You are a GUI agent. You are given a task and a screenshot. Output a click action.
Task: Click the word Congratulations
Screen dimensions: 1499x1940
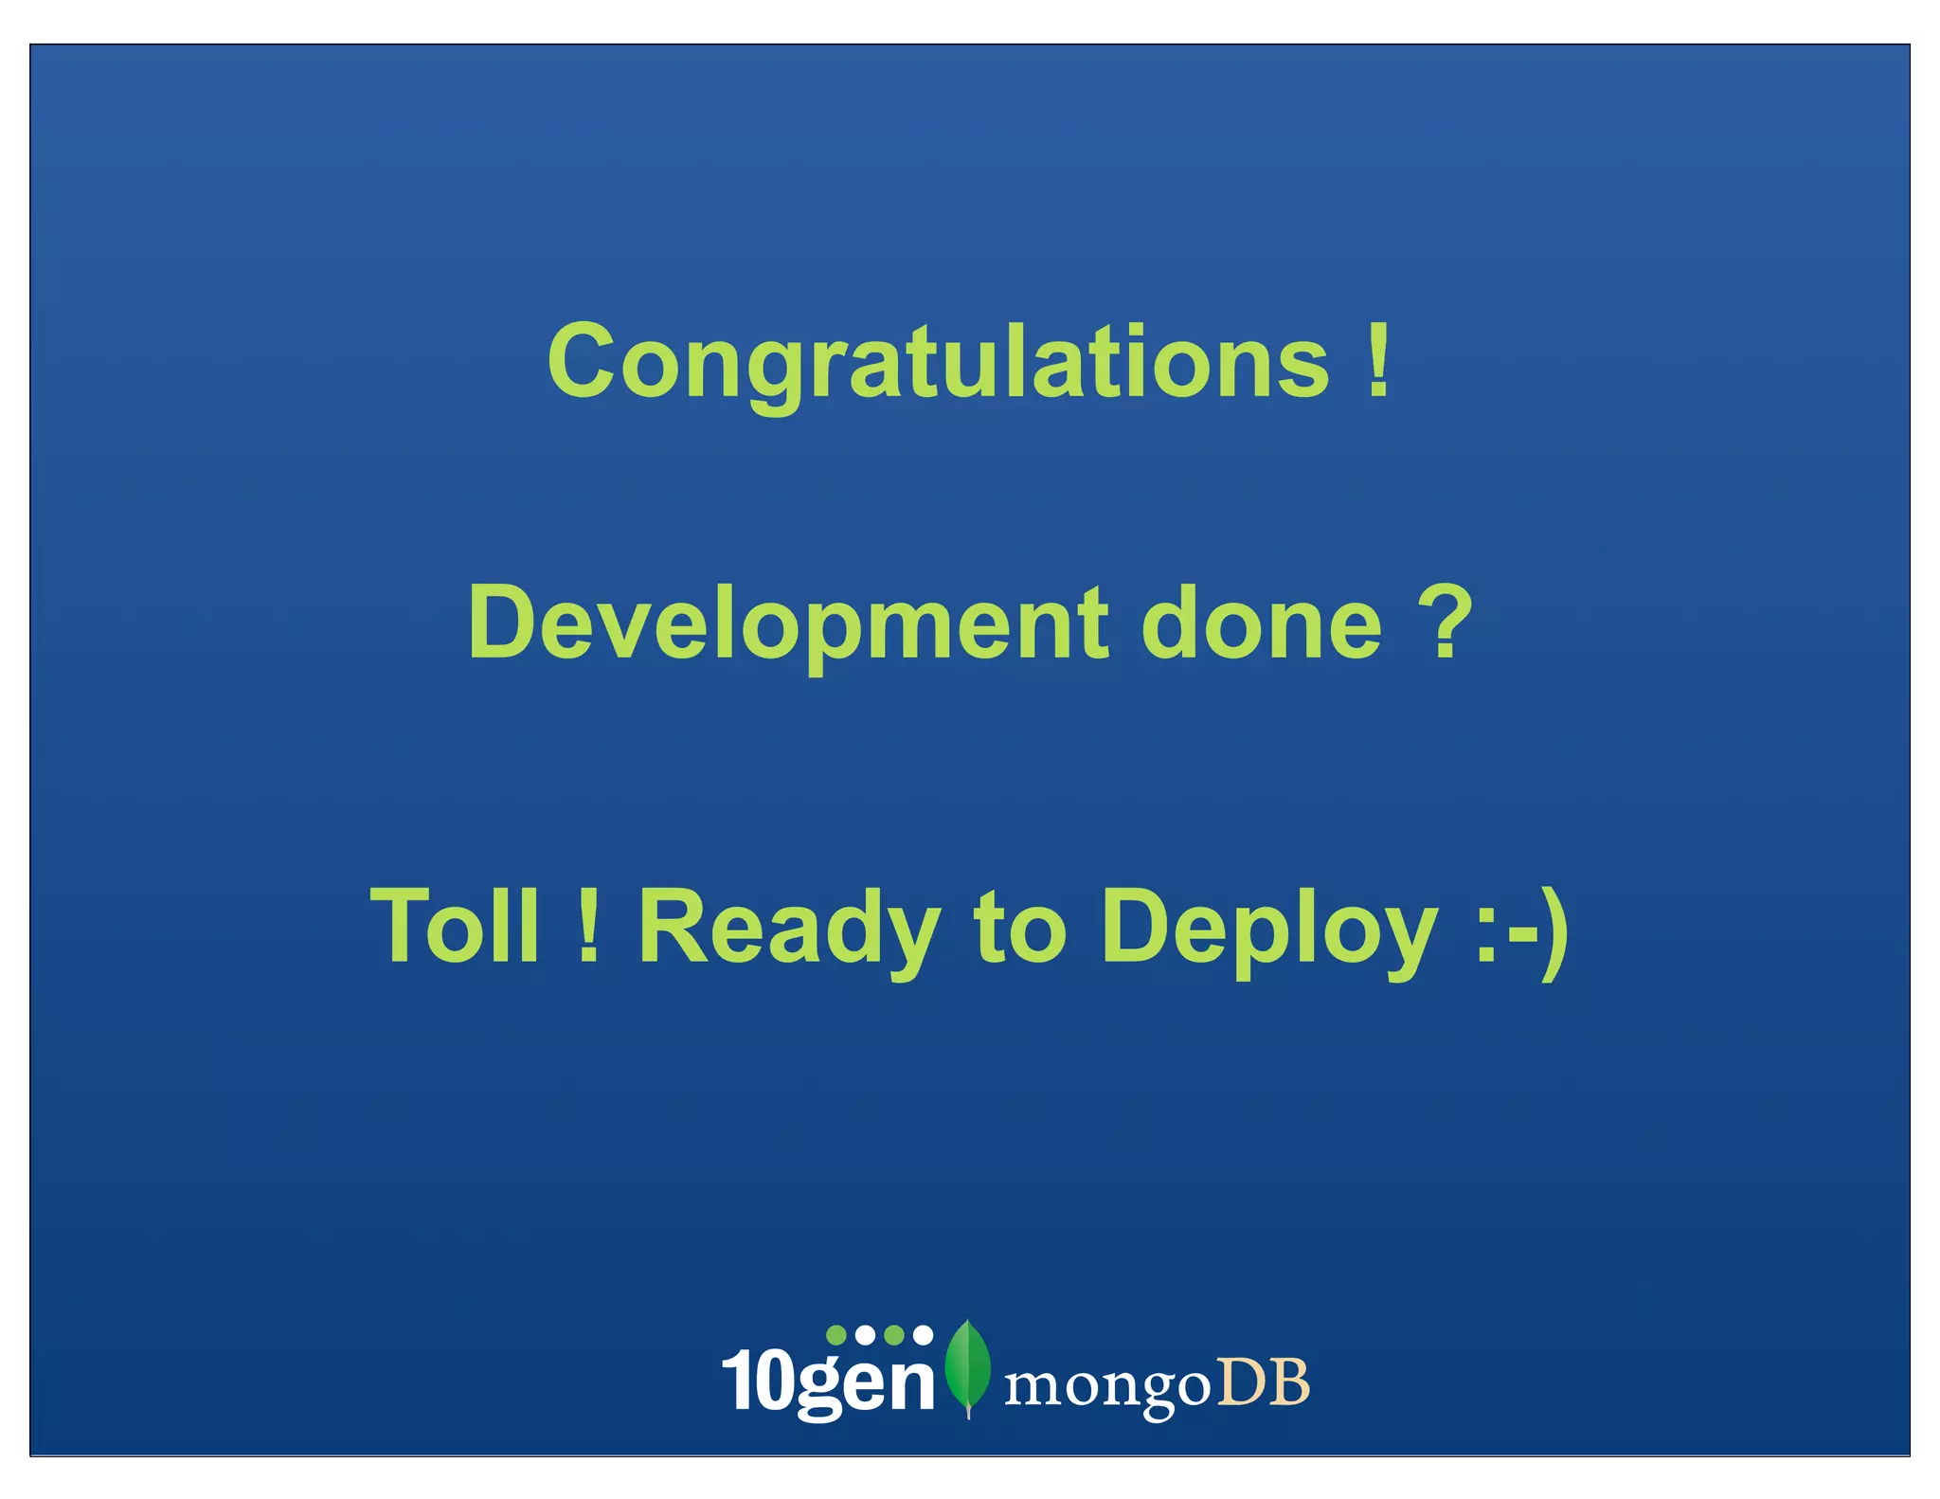pyautogui.click(x=938, y=362)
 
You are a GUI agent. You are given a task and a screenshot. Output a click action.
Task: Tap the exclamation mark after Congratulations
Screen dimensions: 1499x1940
pyautogui.click(x=1379, y=360)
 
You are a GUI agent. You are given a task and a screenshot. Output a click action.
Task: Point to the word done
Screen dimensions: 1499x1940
pyautogui.click(x=1261, y=623)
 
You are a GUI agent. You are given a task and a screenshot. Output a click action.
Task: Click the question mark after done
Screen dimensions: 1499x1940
pyautogui.click(x=1446, y=621)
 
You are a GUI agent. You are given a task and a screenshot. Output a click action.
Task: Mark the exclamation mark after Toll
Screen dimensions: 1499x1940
pyautogui.click(x=588, y=925)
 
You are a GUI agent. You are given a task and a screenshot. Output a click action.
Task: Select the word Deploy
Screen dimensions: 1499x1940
pyautogui.click(x=1269, y=929)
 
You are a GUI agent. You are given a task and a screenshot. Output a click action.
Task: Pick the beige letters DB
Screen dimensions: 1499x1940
pyautogui.click(x=1263, y=1382)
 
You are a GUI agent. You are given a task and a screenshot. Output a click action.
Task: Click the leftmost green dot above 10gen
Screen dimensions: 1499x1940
pyautogui.click(x=836, y=1335)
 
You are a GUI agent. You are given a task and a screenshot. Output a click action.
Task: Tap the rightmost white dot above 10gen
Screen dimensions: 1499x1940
pyautogui.click(x=923, y=1335)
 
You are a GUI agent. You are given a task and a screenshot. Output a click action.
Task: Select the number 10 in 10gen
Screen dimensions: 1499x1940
pyautogui.click(x=758, y=1382)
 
